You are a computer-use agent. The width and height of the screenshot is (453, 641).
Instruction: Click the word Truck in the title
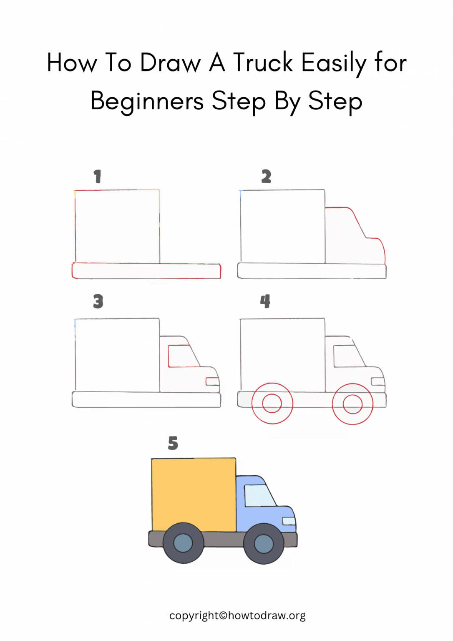[x=263, y=63]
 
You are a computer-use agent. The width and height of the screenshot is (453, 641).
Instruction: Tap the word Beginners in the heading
[x=147, y=101]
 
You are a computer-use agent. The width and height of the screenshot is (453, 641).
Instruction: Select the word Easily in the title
[x=333, y=63]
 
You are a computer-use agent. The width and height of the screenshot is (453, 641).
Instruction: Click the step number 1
[x=97, y=177]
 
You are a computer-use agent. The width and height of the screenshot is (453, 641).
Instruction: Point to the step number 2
[x=266, y=177]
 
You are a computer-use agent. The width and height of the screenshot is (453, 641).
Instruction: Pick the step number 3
[x=98, y=301]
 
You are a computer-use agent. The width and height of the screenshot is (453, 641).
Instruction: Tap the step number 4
[x=265, y=301]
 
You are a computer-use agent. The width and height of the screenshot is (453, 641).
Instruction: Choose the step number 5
[x=173, y=443]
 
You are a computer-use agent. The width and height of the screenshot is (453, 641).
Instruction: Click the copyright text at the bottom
[x=237, y=616]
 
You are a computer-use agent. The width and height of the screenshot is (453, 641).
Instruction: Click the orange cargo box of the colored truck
[x=194, y=495]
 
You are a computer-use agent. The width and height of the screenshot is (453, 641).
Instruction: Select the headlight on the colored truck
[x=289, y=521]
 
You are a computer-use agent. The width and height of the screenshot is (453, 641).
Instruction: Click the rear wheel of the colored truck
[x=183, y=543]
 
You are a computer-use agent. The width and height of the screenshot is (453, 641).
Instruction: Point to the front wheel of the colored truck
[x=264, y=544]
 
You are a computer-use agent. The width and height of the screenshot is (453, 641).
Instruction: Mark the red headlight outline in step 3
[x=212, y=381]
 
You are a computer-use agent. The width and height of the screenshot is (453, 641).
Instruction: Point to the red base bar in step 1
[x=146, y=271]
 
